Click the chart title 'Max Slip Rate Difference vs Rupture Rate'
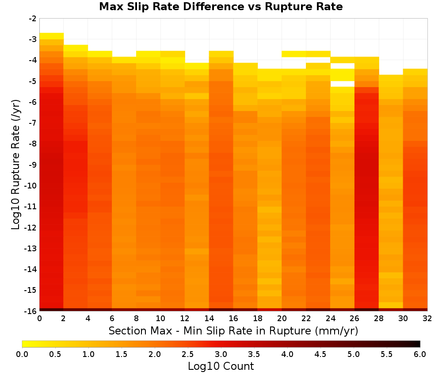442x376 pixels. point(221,7)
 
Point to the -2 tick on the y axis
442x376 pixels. point(33,19)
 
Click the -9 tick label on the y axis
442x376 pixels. point(33,165)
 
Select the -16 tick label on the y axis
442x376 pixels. point(31,311)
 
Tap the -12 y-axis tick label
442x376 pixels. point(31,227)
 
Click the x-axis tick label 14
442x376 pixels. point(209,318)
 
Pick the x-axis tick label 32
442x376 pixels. point(427,318)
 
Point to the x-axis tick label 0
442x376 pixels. point(39,318)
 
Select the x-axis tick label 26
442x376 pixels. point(354,318)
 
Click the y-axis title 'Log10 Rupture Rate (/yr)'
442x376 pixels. point(16,165)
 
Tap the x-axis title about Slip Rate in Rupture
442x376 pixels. point(233,330)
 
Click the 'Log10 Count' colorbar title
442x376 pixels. point(221,366)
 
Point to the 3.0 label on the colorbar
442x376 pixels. point(221,354)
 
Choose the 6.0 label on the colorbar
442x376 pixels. point(420,354)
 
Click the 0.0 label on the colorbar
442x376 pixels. point(22,354)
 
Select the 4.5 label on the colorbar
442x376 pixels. point(320,354)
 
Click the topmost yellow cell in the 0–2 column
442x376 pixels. point(52,36)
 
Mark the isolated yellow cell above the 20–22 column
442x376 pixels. point(294,54)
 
